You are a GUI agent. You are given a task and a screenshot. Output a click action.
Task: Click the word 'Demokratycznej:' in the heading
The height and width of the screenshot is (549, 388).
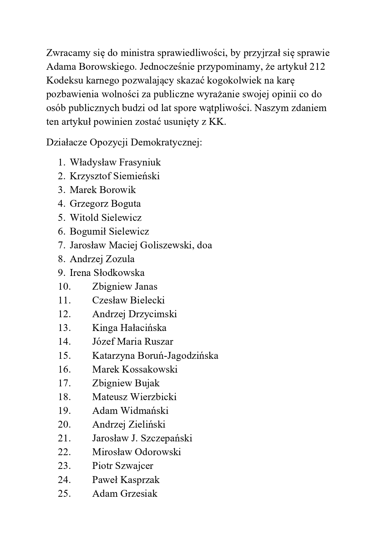167,142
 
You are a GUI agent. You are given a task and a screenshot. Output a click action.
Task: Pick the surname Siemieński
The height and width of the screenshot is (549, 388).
136,176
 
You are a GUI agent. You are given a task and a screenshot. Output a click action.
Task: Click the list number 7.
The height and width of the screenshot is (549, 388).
61,245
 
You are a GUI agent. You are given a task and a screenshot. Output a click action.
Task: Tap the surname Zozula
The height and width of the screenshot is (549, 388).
120,259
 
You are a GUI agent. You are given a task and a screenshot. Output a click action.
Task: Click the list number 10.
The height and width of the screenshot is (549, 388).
64,286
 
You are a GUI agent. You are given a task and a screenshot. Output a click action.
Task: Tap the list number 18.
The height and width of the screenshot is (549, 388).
64,397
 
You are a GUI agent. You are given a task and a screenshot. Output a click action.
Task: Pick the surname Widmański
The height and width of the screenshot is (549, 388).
144,410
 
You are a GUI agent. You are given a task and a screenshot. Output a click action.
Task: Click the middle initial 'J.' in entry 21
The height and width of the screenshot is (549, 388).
133,438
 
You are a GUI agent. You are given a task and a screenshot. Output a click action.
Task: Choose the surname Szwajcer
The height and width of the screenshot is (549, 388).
134,466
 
